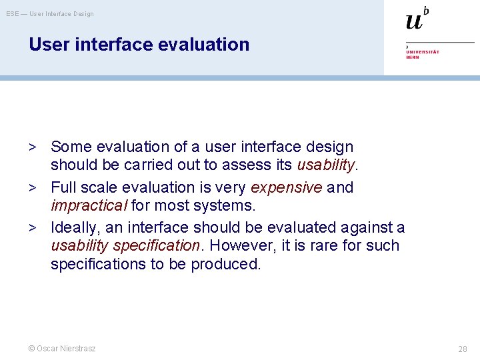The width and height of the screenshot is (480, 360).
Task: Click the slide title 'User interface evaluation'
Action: [x=139, y=45]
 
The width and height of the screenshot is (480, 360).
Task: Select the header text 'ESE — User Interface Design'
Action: [x=50, y=14]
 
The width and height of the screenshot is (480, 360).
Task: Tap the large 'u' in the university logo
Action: [x=414, y=21]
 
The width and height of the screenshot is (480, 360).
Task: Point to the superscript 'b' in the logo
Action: [x=426, y=10]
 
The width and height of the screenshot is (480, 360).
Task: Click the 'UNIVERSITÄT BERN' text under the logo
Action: [x=422, y=53]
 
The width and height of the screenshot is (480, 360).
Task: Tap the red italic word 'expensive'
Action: [x=286, y=188]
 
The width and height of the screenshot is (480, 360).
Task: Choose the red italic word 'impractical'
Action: [x=89, y=206]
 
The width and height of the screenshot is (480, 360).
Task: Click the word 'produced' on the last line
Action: [x=225, y=264]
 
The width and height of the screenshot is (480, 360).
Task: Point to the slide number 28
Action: [x=462, y=349]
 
